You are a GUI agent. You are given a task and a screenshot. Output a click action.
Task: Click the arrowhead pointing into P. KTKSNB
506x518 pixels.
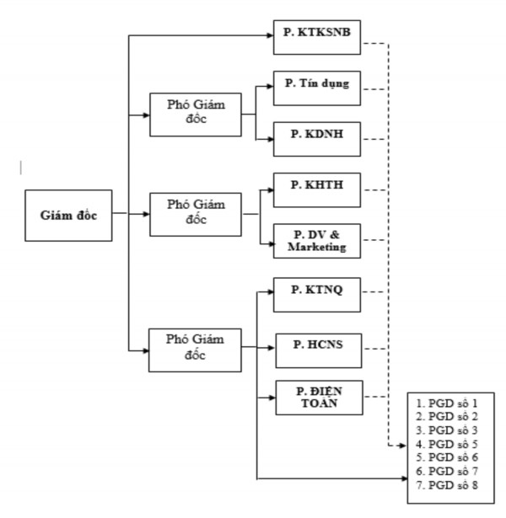pyautogui.click(x=270, y=36)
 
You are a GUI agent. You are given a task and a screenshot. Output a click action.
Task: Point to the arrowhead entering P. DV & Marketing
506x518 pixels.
pyautogui.click(x=270, y=244)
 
